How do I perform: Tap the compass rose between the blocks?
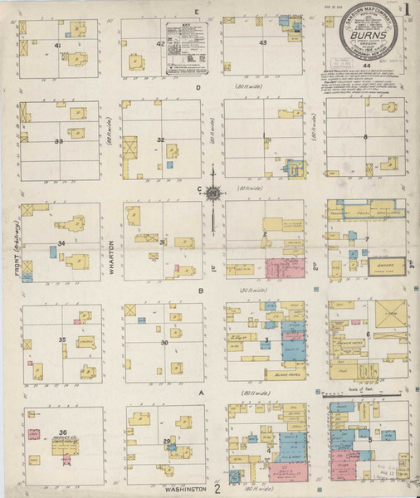click(212, 193)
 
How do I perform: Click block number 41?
click(57, 45)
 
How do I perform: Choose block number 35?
click(61, 340)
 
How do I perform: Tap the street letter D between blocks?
click(198, 86)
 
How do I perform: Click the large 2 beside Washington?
click(217, 489)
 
